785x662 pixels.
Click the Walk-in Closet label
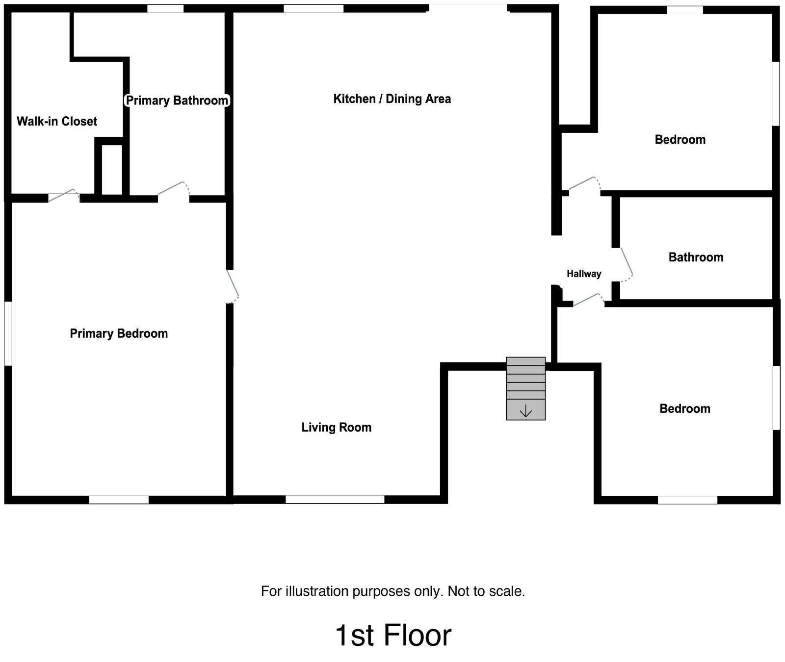click(57, 121)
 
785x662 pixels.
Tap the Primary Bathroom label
click(177, 101)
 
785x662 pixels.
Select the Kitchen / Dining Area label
click(392, 99)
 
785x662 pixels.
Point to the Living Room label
click(337, 427)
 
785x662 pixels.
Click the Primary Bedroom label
click(119, 333)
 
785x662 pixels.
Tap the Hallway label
click(584, 274)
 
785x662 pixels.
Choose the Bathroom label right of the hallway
click(696, 257)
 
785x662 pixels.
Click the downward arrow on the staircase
click(525, 411)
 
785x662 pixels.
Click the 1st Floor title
click(393, 636)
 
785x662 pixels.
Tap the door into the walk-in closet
click(63, 196)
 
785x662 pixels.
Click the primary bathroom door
click(173, 191)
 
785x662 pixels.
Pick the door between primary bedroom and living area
click(233, 286)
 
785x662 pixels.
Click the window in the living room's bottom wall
click(335, 499)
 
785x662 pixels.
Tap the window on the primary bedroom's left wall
click(8, 333)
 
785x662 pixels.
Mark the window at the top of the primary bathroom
click(166, 8)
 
